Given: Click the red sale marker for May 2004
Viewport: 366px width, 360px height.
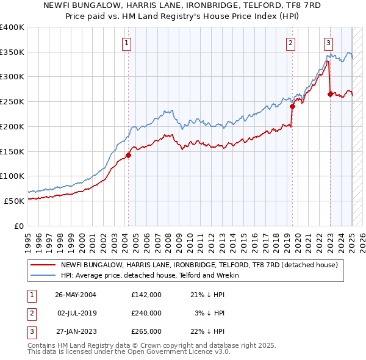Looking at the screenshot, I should tap(129, 155).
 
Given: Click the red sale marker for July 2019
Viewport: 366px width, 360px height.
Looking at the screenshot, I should tap(292, 106).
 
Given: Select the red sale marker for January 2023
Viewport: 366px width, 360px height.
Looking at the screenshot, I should tap(330, 94).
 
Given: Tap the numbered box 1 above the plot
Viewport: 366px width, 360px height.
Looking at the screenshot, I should tap(126, 43).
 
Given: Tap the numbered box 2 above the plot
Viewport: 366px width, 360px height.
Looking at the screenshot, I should tap(290, 43).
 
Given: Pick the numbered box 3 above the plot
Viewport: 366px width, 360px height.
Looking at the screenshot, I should tap(328, 43).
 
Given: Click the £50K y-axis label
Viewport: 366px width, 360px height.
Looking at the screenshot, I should tap(14, 201).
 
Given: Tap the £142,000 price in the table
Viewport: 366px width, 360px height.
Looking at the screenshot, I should tap(146, 295).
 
